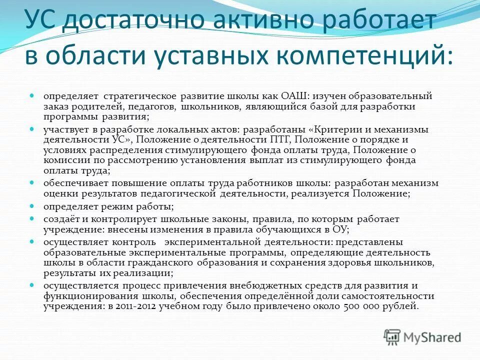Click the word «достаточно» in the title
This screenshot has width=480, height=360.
pyautogui.click(x=134, y=21)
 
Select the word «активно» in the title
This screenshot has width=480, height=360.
pyautogui.click(x=264, y=21)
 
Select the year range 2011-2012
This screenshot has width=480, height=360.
pyautogui.click(x=135, y=307)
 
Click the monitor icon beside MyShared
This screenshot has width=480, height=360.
pyautogui.click(x=392, y=337)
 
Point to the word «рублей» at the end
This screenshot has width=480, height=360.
pyautogui.click(x=401, y=307)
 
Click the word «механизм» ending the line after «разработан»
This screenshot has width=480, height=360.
pyautogui.click(x=414, y=183)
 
